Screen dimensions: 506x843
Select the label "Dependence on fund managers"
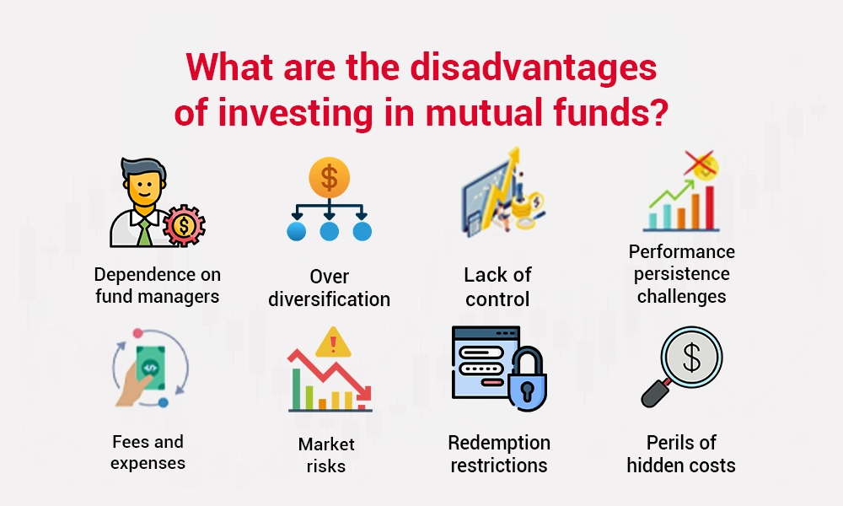coord(158,285)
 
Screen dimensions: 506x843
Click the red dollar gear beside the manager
coord(184,225)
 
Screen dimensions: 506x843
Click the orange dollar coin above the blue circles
coord(329,178)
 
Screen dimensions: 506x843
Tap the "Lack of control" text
coord(497,287)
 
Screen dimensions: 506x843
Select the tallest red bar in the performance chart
coord(709,207)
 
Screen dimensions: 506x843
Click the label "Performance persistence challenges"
coord(682,273)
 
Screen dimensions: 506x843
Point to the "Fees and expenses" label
coord(148,452)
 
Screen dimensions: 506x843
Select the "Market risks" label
coord(326,455)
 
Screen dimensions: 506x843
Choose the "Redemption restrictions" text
coord(499,454)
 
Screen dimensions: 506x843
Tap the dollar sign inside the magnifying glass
coord(691,358)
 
